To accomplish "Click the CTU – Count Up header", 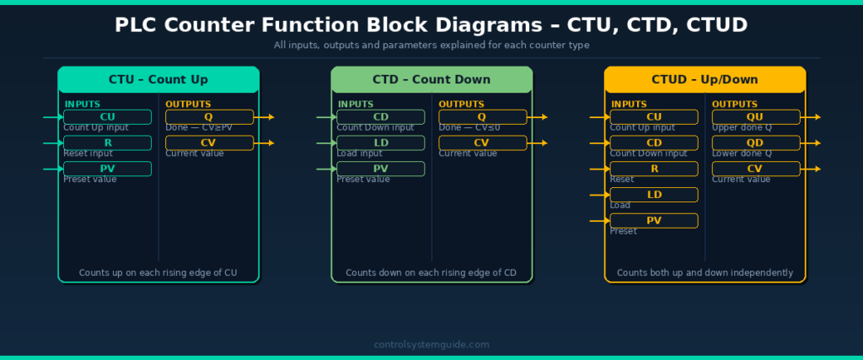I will (158, 80).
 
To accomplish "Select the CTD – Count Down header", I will (431, 80).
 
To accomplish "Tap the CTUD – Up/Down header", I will (705, 80).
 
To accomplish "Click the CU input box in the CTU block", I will (107, 117).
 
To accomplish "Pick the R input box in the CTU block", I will (107, 143).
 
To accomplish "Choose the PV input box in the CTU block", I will (107, 169).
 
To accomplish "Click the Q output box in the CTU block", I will (209, 117).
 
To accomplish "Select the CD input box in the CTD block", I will (380, 117).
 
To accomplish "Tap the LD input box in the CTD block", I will (380, 143).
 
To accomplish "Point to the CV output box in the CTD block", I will (482, 143).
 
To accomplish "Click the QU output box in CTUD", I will (755, 117).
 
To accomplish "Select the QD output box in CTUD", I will (755, 143).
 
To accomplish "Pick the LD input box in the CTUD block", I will (654, 195).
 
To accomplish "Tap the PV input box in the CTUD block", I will (654, 221).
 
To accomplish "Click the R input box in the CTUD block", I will (654, 169).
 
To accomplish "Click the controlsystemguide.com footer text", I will (431, 345).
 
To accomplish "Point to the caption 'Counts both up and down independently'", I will (705, 273).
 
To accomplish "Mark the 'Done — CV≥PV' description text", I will (199, 128).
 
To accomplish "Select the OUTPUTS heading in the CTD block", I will (462, 105).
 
